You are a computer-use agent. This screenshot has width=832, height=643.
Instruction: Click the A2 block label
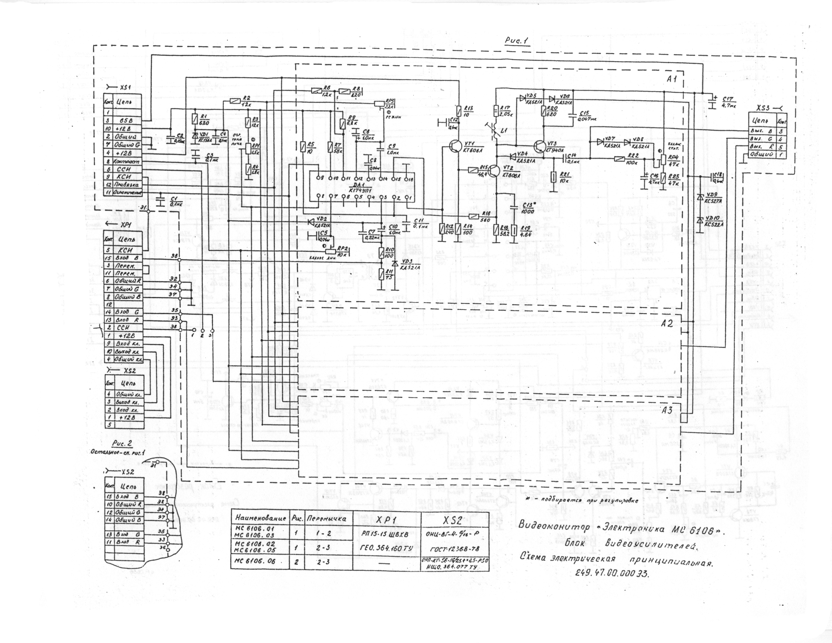tap(667, 324)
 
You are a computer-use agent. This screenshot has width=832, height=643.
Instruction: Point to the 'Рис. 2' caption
tap(122, 443)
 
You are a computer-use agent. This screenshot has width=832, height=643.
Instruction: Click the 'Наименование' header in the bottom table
tap(260, 518)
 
